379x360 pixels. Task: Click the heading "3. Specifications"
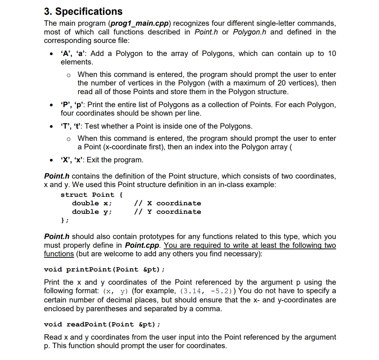pyautogui.click(x=83, y=11)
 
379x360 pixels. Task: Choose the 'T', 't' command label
pyautogui.click(x=71, y=126)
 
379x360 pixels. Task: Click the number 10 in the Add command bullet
pyautogui.click(x=332, y=53)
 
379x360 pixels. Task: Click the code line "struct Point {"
pyautogui.click(x=92, y=195)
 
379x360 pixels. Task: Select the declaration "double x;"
pyautogui.click(x=92, y=203)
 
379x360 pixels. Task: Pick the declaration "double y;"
pyautogui.click(x=92, y=212)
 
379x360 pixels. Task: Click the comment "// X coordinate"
pyautogui.click(x=167, y=203)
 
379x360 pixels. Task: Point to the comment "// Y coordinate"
pyautogui.click(x=167, y=212)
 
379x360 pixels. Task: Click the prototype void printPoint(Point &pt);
pyautogui.click(x=104, y=269)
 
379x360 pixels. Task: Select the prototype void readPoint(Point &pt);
pyautogui.click(x=102, y=324)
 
